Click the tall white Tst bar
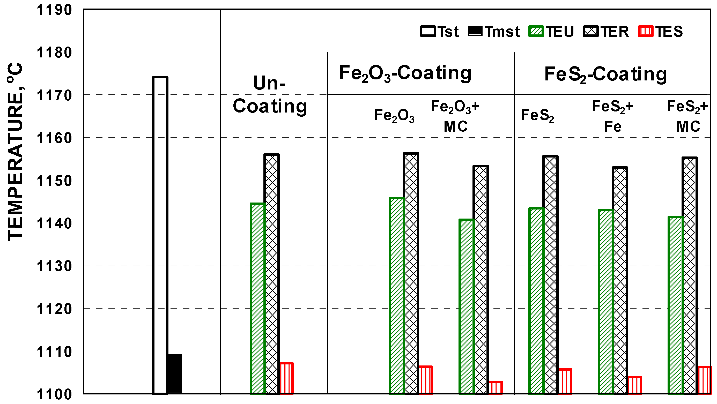click(160, 235)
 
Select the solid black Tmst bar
click(174, 374)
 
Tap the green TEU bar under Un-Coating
click(257, 298)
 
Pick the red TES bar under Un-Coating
click(286, 378)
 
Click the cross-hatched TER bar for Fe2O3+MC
click(481, 280)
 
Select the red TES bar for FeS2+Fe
click(635, 385)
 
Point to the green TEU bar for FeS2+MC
click(676, 305)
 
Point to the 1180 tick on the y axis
click(54, 53)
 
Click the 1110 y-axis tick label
click(54, 352)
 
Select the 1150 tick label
click(54, 181)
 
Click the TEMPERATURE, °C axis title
click(15, 152)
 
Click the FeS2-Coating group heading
click(606, 74)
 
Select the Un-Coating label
click(270, 95)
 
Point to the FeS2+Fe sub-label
click(613, 116)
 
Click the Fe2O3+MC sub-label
click(455, 116)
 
